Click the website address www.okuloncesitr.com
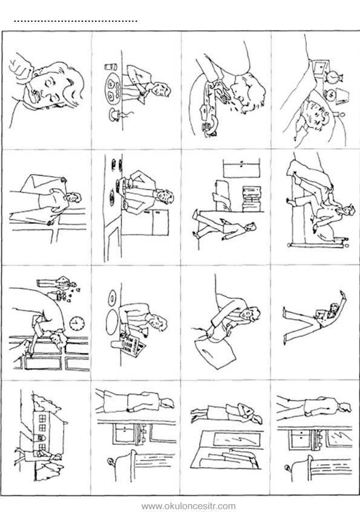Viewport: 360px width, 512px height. pyautogui.click(x=188, y=506)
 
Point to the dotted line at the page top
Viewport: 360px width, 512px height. pyautogui.click(x=76, y=22)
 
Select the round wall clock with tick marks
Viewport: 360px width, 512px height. pyautogui.click(x=77, y=323)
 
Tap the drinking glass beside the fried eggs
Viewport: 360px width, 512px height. pyautogui.click(x=110, y=67)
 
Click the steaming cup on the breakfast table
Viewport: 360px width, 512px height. pyautogui.click(x=116, y=114)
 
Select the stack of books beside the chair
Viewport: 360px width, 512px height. pyautogui.click(x=252, y=199)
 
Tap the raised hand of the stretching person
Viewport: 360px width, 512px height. pyautogui.click(x=342, y=295)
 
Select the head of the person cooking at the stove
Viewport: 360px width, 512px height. pyautogui.click(x=165, y=196)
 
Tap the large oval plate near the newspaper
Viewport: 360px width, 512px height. pyautogui.click(x=111, y=322)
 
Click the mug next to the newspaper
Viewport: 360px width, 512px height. pyautogui.click(x=116, y=344)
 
